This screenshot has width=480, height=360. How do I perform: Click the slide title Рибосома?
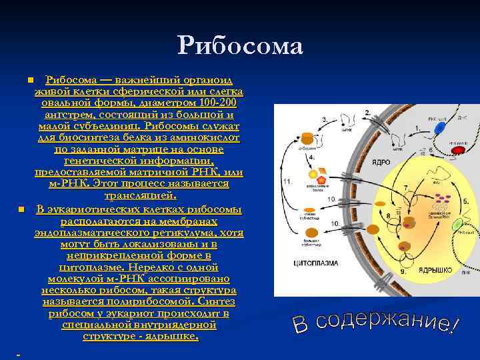coord(240,45)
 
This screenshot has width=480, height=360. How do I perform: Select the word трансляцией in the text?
coord(140,196)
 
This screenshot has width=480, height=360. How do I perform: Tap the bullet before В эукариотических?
coord(21,210)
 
